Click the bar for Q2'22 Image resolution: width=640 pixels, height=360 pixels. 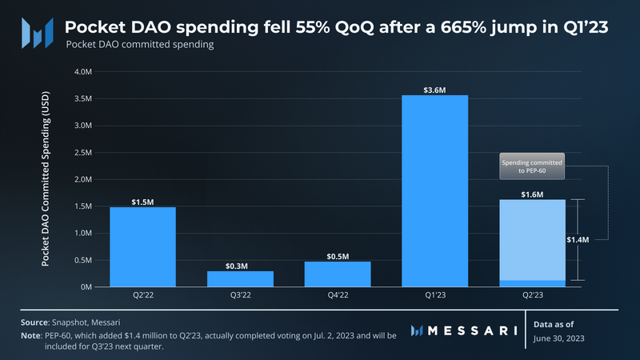pyautogui.click(x=142, y=246)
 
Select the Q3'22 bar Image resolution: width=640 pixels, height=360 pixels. pyautogui.click(x=240, y=278)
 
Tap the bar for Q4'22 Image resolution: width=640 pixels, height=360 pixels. pyautogui.click(x=337, y=274)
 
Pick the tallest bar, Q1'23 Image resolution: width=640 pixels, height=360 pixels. pyautogui.click(x=434, y=190)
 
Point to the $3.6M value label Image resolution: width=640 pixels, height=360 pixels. pyautogui.click(x=434, y=89)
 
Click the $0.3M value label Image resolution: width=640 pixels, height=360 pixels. pyautogui.click(x=240, y=265)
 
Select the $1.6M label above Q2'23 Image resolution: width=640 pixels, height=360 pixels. pyautogui.click(x=532, y=194)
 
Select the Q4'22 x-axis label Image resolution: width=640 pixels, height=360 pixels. pyautogui.click(x=337, y=295)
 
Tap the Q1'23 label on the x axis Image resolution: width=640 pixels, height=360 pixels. pyautogui.click(x=434, y=295)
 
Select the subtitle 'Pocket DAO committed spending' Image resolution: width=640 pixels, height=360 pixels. pyautogui.click(x=139, y=46)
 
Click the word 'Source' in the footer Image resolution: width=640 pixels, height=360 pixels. pyautogui.click(x=34, y=322)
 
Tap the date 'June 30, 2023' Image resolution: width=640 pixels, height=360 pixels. pyautogui.click(x=561, y=338)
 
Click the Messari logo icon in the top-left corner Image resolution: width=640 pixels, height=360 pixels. pyautogui.click(x=37, y=32)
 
